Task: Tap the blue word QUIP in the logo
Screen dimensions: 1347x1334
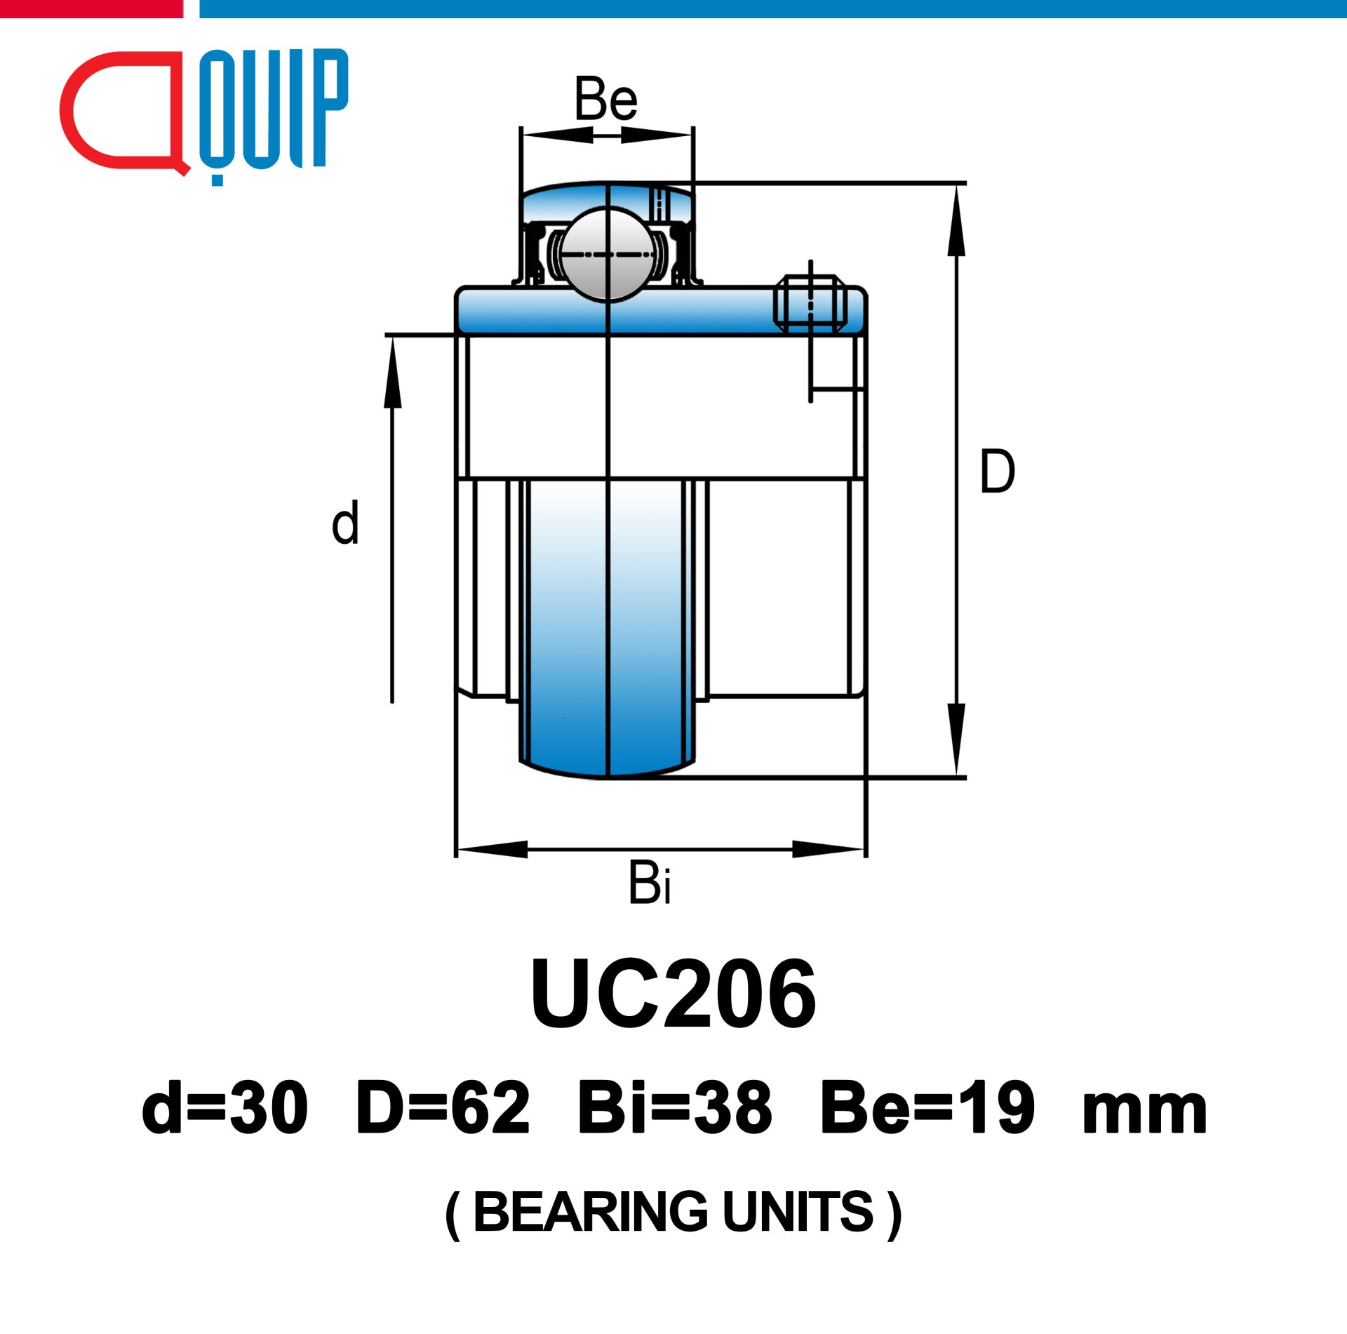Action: click(274, 112)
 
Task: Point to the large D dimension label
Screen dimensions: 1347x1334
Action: click(997, 471)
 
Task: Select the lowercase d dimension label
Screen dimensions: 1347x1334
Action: click(345, 522)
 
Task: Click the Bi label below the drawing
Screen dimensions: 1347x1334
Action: click(650, 882)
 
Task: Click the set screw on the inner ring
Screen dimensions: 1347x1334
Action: click(810, 303)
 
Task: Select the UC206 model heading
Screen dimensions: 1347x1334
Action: click(673, 995)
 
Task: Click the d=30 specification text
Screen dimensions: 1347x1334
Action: click(224, 1108)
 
